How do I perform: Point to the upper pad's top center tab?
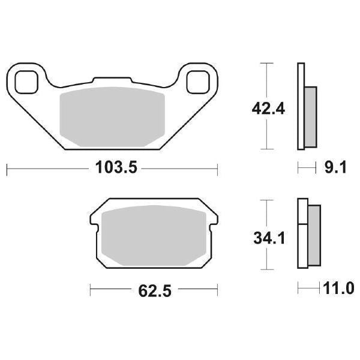click(x=113, y=79)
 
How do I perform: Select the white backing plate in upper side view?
click(x=300, y=106)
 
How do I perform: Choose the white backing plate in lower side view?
click(x=302, y=235)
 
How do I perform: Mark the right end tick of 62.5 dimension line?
click(x=217, y=290)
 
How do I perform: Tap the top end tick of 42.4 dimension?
click(x=265, y=62)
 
